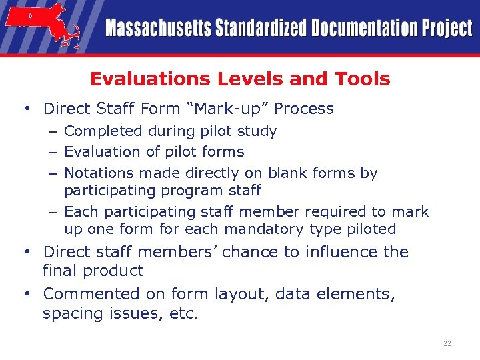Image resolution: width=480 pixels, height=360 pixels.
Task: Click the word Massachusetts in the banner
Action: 157,29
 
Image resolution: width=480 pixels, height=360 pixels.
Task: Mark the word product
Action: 117,271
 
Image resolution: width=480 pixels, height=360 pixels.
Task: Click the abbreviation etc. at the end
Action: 185,313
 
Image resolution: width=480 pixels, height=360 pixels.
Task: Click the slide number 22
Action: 447,344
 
